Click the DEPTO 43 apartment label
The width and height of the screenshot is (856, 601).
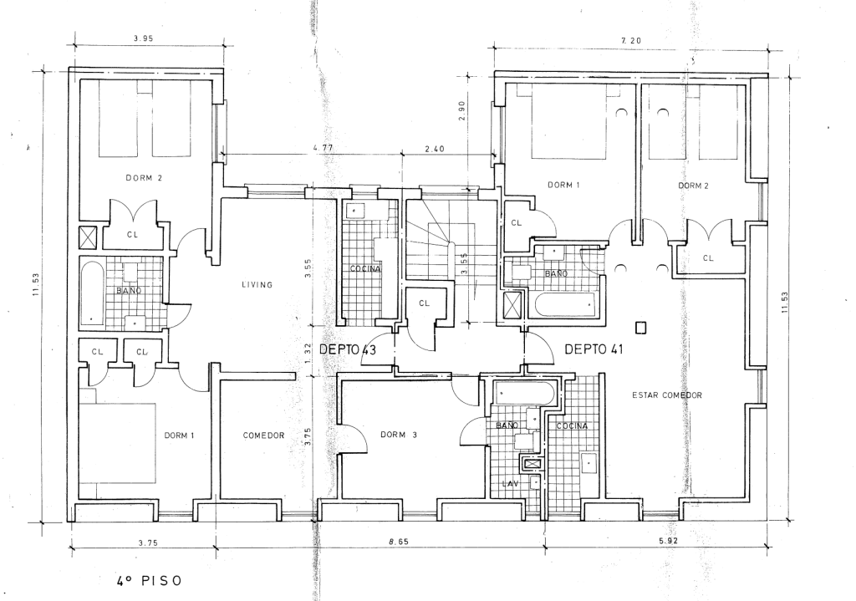pyautogui.click(x=348, y=349)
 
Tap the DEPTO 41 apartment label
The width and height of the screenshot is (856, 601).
pyautogui.click(x=594, y=349)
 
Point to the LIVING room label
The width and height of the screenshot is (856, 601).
pyautogui.click(x=257, y=284)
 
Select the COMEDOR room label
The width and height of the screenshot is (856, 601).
pyautogui.click(x=263, y=435)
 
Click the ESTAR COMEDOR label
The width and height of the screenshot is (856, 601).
pyautogui.click(x=667, y=395)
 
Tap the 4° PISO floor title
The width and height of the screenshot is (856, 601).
pyautogui.click(x=149, y=580)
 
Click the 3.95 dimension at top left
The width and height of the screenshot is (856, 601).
pyautogui.click(x=143, y=38)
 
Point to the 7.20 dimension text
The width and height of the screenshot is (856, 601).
pyautogui.click(x=631, y=40)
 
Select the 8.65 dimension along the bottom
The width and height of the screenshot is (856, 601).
pyautogui.click(x=399, y=542)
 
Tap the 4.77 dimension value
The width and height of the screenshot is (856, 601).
pyautogui.click(x=323, y=148)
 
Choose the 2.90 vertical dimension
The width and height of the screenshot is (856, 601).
pyautogui.click(x=461, y=111)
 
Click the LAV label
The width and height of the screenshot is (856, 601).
pyautogui.click(x=511, y=483)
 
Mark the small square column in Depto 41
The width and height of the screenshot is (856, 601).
pyautogui.click(x=641, y=328)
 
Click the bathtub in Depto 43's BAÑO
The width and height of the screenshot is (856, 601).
pyautogui.click(x=92, y=293)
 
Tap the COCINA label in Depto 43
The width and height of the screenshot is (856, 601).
pyautogui.click(x=365, y=268)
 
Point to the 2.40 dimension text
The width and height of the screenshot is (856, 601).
pyautogui.click(x=434, y=149)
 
